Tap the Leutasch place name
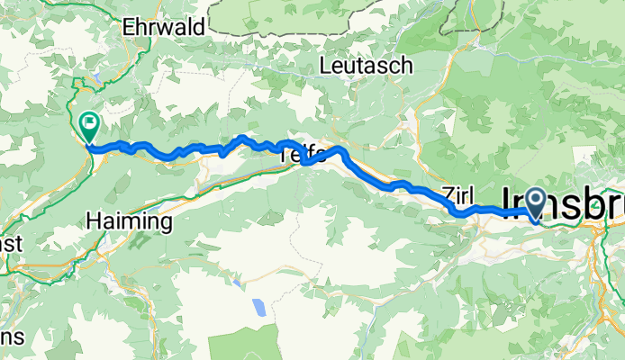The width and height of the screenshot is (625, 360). click(367, 66)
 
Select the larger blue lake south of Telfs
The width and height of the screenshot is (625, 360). click(258, 309)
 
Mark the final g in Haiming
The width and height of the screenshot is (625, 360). click(167, 223)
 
